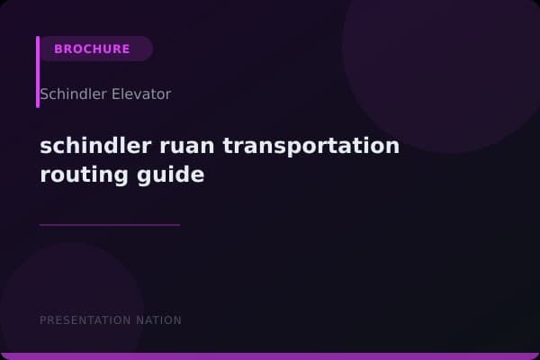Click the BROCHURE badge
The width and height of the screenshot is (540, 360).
(93, 49)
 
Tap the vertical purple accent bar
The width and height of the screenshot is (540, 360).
(38, 72)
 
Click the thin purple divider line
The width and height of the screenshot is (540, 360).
(110, 225)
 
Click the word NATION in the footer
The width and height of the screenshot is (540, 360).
(160, 320)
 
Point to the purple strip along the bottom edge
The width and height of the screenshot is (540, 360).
(270, 356)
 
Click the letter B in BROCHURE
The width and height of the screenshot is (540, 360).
(58, 49)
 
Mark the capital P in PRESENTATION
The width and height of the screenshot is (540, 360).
(43, 320)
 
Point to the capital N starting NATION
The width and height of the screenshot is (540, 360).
(143, 320)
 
